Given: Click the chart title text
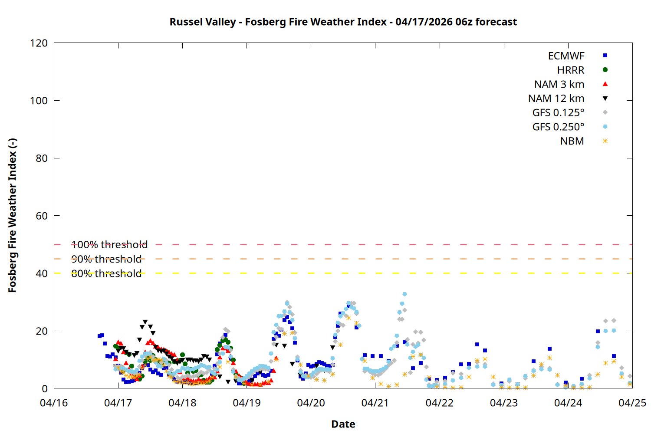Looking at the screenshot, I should click(x=343, y=22).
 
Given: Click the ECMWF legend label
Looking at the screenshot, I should click(x=566, y=56).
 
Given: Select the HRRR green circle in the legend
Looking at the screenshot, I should click(x=605, y=70).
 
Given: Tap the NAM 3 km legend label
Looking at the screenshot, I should click(x=559, y=84).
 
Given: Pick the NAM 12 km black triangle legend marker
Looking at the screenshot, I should click(x=605, y=99).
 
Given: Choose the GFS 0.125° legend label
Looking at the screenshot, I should click(x=558, y=113).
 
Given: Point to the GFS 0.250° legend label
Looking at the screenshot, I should click(x=558, y=127).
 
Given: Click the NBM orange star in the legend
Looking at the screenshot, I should click(x=605, y=141).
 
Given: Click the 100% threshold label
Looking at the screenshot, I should click(x=109, y=245).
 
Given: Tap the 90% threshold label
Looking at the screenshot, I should click(x=106, y=259).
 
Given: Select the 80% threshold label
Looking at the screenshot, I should click(x=106, y=273).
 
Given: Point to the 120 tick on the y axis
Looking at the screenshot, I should click(x=39, y=43).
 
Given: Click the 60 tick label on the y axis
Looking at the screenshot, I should click(x=42, y=216).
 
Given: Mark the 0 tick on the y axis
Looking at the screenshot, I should click(x=45, y=388).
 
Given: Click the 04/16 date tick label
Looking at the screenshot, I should click(x=54, y=403).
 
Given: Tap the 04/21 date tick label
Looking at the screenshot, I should click(x=375, y=403).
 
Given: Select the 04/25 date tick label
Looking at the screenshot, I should click(x=632, y=403).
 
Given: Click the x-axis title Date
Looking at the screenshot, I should click(x=343, y=424).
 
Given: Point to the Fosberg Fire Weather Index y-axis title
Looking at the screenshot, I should click(x=12, y=216).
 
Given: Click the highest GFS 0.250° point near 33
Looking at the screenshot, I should click(x=404, y=294).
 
